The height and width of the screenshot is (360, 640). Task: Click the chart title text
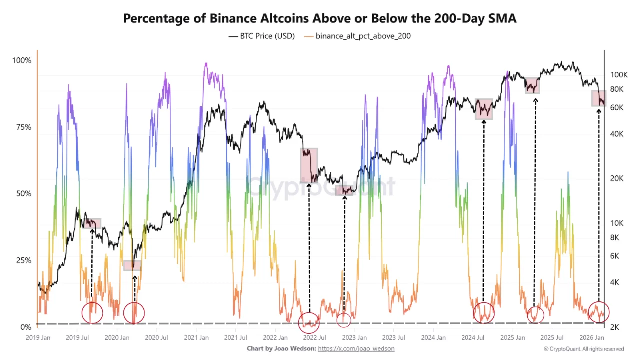(320, 18)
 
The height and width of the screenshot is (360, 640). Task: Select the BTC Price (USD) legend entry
(262, 36)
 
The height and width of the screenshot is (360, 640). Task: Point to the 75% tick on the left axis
(22, 127)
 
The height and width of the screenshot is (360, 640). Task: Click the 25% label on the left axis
(22, 260)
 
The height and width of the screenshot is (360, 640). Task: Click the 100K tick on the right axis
(619, 75)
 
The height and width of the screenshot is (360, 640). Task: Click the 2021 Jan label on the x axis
(196, 338)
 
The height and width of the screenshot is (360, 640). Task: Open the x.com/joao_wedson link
(356, 348)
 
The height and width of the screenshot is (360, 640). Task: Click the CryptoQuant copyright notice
(583, 349)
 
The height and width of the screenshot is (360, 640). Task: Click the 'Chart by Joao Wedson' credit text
(281, 348)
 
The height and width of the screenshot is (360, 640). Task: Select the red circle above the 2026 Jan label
(598, 312)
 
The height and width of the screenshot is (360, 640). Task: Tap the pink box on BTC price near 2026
(599, 98)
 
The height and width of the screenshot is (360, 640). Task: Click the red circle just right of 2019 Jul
(92, 313)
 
